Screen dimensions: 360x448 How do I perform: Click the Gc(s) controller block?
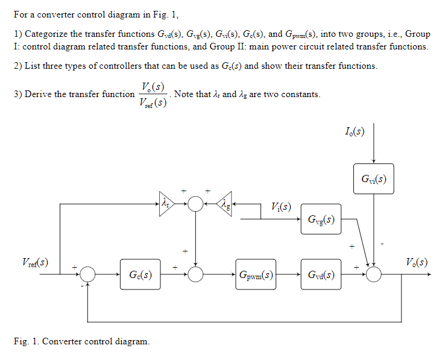point(140,275)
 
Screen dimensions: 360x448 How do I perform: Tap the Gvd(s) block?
point(321,275)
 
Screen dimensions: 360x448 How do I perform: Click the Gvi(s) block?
point(373,179)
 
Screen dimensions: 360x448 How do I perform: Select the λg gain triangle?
point(225,204)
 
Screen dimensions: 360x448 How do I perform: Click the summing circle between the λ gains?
point(195,204)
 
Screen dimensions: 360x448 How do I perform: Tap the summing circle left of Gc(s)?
point(88,275)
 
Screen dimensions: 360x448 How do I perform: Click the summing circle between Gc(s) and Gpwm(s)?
point(195,275)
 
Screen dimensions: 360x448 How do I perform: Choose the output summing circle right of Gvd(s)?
point(374,275)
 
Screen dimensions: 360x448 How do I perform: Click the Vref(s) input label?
point(36,263)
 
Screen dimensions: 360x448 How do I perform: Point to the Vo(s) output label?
point(416,263)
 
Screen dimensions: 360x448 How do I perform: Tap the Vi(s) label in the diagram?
point(281,208)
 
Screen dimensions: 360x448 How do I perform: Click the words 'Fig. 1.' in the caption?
point(26,342)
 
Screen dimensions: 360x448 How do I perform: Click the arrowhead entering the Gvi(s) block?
point(374,161)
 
